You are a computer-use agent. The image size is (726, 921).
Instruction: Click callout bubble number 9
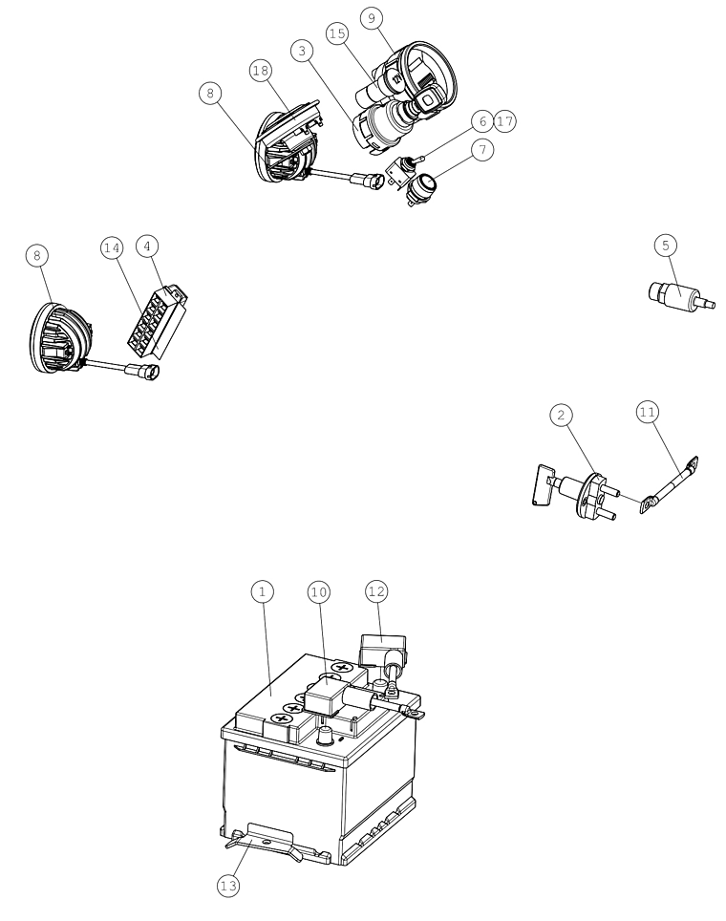point(372,18)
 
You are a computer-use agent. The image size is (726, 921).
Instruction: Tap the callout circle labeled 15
point(337,33)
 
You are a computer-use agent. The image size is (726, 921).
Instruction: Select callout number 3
point(302,51)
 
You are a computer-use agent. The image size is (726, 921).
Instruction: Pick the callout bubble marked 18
point(261,71)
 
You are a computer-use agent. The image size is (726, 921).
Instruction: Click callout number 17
point(504,121)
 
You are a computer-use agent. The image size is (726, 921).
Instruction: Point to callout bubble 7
point(482,150)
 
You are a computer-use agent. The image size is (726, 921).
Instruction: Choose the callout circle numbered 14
point(112,248)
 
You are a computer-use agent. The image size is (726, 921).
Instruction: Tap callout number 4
point(147,246)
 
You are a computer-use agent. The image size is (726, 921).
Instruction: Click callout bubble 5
point(666,245)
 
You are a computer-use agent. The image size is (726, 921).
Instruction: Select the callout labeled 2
point(561,416)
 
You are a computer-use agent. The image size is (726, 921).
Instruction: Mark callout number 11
point(647,413)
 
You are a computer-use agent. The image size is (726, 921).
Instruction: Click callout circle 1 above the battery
point(262,591)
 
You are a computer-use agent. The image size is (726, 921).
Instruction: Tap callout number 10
point(318,592)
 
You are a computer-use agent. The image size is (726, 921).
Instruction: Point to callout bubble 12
point(376,590)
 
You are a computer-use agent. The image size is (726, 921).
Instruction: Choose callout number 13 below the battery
point(228,885)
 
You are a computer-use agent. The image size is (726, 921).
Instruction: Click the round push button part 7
point(422,187)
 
